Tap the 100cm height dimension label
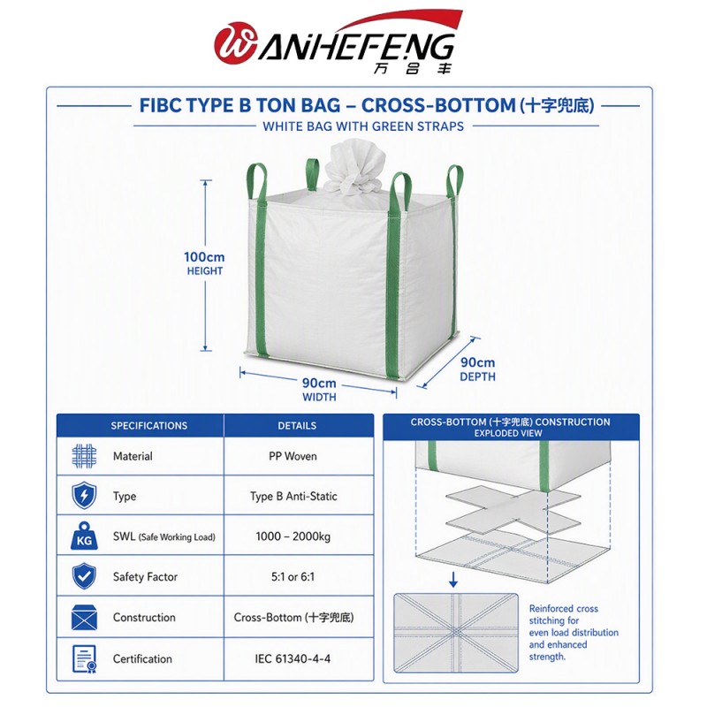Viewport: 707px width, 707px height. click(204, 262)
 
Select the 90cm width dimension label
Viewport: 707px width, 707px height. click(319, 389)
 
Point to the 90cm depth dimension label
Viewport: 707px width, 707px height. click(477, 369)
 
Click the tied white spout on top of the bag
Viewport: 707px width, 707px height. click(355, 169)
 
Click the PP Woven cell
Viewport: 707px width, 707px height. click(293, 456)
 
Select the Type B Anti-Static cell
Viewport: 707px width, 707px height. click(293, 496)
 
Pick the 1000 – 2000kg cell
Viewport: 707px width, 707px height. click(293, 536)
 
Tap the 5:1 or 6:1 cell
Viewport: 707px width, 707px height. click(293, 576)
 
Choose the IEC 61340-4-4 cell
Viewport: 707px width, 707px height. click(293, 658)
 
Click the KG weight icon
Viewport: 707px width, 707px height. click(84, 536)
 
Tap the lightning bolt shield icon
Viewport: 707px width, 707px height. click(84, 496)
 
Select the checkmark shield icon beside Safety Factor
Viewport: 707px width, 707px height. click(84, 576)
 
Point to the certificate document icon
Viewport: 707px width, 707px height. click(85, 658)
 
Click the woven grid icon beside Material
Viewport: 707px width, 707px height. click(84, 456)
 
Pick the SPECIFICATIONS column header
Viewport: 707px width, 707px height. click(149, 426)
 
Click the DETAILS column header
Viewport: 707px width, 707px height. click(297, 426)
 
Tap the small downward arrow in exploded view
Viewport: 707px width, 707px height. click(453, 580)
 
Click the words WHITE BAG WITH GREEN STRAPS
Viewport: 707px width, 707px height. click(363, 126)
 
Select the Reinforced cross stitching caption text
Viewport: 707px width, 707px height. click(574, 633)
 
